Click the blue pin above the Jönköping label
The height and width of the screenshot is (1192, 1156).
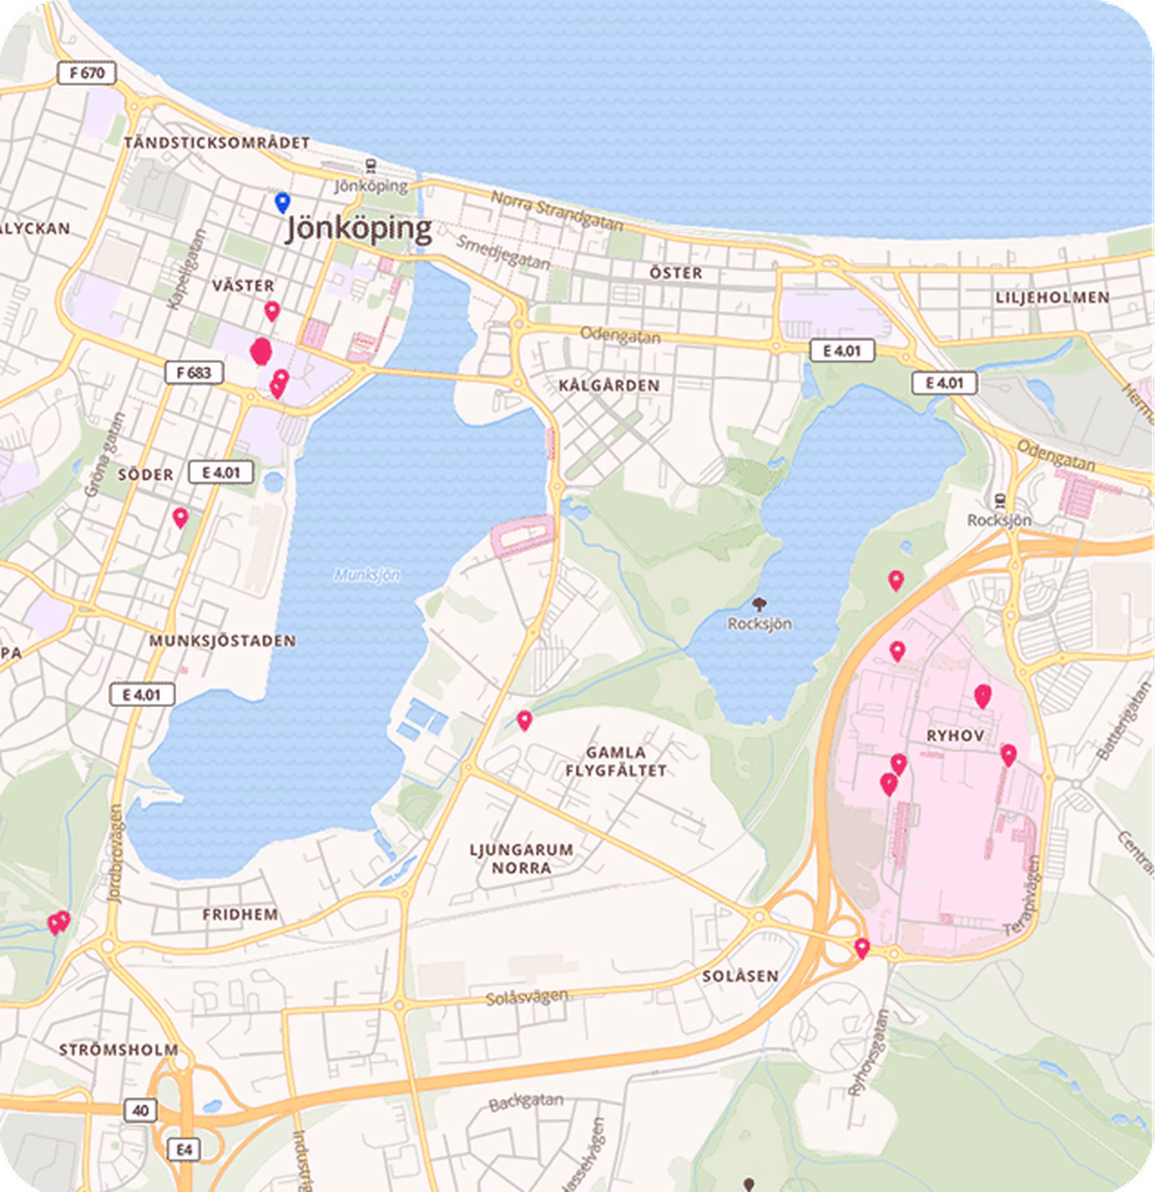(x=282, y=202)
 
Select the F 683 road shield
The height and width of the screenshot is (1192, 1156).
(x=194, y=372)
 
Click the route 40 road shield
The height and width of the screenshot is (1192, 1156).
(x=141, y=1110)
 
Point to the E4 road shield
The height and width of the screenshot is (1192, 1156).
(x=184, y=1150)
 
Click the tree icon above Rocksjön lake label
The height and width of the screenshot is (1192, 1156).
(x=759, y=604)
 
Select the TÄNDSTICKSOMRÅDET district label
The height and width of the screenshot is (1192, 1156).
(x=217, y=143)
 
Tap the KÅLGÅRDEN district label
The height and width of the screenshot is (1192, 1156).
(x=609, y=386)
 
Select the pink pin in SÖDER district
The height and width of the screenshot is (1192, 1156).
(x=180, y=517)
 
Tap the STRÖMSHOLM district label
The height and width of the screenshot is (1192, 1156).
(x=119, y=1050)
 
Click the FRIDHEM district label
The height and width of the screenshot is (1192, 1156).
(x=240, y=914)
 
